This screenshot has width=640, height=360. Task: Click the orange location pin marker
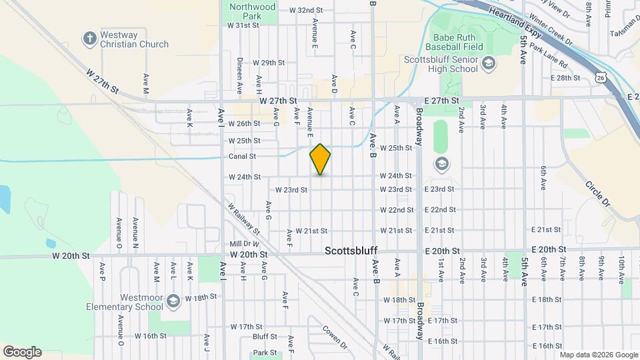[320, 159]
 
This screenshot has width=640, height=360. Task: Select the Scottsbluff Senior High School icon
[489, 63]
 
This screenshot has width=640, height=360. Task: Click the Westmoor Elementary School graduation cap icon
[173, 303]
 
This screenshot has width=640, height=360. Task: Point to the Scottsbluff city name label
[351, 251]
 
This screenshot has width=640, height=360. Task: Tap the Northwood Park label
[243, 11]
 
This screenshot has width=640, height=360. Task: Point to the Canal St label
[243, 157]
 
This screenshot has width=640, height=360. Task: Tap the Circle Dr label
[598, 193]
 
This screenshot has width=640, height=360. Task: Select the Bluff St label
[264, 337]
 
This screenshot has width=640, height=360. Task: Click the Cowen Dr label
[335, 337]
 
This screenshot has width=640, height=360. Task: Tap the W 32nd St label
[306, 11]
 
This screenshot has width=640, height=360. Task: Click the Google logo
[21, 352]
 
